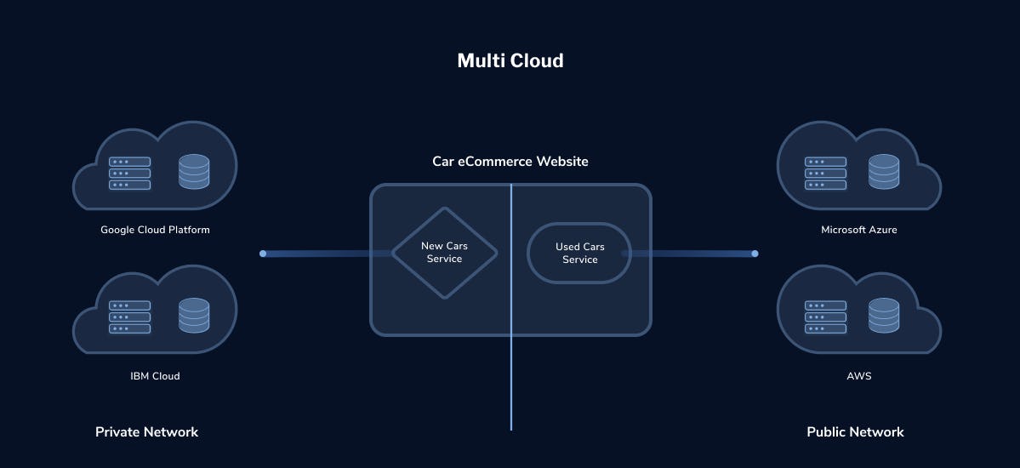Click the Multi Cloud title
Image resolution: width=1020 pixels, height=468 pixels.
click(x=510, y=60)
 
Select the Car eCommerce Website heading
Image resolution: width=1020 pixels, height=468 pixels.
click(x=510, y=162)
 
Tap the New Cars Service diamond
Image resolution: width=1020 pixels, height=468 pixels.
click(x=444, y=254)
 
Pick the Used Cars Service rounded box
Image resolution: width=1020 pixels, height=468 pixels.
click(x=579, y=254)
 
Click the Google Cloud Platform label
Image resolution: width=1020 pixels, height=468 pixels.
click(x=155, y=230)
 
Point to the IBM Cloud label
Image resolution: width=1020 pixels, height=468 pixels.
click(x=155, y=375)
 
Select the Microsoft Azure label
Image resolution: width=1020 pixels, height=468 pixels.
click(x=858, y=230)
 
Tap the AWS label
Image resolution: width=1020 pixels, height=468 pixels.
click(x=858, y=375)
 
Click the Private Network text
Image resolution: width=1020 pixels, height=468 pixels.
click(x=146, y=431)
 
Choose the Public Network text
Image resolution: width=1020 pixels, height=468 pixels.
click(x=855, y=431)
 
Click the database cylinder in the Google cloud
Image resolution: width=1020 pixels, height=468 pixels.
click(x=194, y=171)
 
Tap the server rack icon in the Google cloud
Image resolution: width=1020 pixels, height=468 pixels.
click(x=129, y=173)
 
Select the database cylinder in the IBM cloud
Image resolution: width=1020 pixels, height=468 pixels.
click(x=194, y=315)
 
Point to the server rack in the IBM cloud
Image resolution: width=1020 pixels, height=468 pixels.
click(x=129, y=317)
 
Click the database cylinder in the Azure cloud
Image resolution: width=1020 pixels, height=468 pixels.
click(x=883, y=171)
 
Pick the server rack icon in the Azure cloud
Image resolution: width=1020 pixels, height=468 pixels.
click(x=825, y=173)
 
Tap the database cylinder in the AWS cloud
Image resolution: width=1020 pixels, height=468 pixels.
click(x=883, y=315)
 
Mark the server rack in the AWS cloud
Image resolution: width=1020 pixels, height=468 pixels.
click(x=825, y=317)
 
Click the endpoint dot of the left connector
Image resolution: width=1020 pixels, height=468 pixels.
click(x=263, y=254)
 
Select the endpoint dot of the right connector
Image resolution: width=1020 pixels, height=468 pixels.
click(x=755, y=254)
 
